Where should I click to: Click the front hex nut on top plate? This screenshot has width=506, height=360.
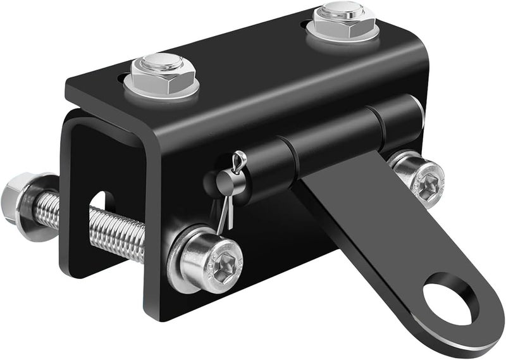pos(161,75)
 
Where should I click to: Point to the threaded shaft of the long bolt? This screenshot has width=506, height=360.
pos(114,228)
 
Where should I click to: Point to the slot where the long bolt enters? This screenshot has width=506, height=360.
pos(101,202)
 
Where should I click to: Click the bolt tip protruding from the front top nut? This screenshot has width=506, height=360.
pos(162,61)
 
